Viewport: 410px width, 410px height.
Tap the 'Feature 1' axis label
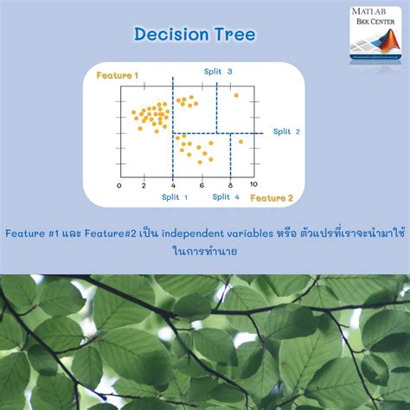click(x=118, y=75)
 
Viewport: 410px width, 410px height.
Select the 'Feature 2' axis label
click(x=272, y=198)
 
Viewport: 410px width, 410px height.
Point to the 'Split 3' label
click(x=217, y=71)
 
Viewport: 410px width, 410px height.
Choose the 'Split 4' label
click(x=226, y=197)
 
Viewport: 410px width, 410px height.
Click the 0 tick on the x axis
click(x=120, y=185)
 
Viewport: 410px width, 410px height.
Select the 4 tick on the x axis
click(x=172, y=185)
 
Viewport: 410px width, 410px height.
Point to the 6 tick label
click(x=202, y=185)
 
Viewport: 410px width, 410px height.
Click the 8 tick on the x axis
click(x=229, y=185)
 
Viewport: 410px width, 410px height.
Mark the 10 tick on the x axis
click(x=253, y=185)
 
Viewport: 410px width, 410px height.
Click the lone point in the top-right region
click(x=235, y=95)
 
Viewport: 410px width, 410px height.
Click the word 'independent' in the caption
click(x=180, y=233)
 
